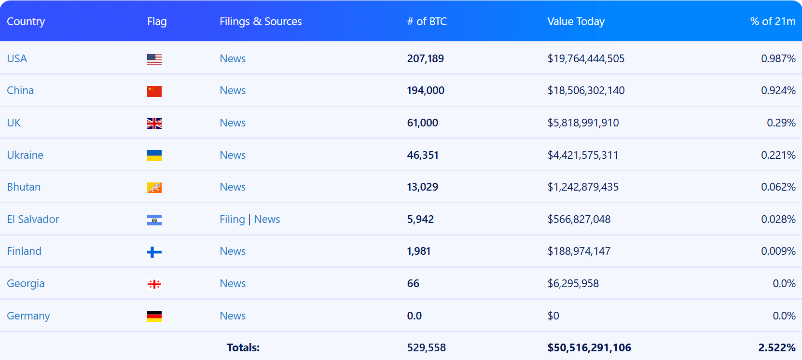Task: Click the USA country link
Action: [17, 58]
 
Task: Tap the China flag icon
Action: [154, 91]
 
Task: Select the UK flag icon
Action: [154, 124]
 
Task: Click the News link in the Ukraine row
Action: [232, 155]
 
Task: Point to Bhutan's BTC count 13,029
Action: [422, 187]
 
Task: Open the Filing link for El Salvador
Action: [232, 219]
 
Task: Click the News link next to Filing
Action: [267, 219]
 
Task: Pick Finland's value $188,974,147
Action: [579, 251]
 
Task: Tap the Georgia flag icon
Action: [154, 284]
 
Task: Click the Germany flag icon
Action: [154, 316]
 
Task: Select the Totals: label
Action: [243, 347]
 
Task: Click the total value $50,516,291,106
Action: [589, 347]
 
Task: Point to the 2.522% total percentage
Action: [776, 347]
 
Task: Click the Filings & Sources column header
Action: [261, 21]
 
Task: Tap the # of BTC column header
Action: [427, 21]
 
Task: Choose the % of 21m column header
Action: [772, 21]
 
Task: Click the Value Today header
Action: [576, 21]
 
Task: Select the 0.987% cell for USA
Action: [778, 58]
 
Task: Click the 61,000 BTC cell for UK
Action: [422, 123]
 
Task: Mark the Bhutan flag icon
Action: [154, 188]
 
